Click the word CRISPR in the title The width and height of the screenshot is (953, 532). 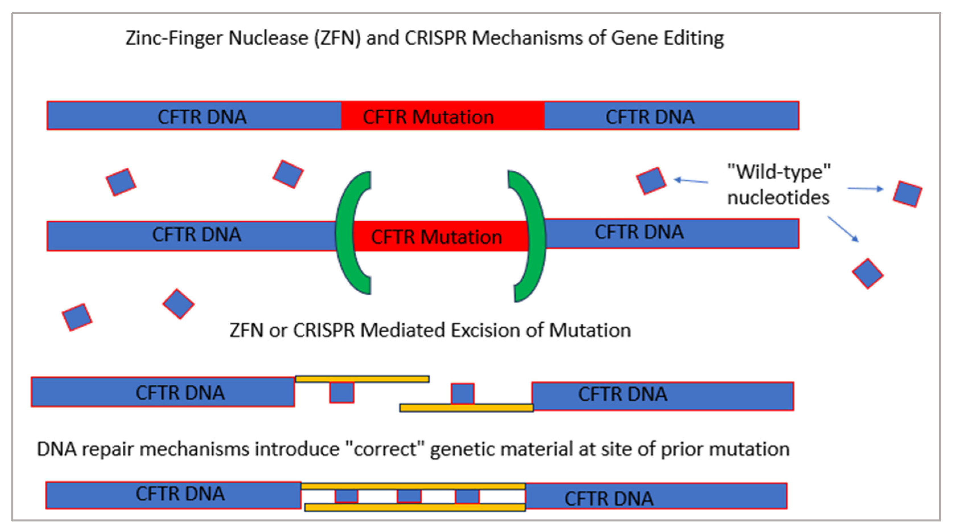pos(436,38)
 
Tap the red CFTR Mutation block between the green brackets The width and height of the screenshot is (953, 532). pos(436,237)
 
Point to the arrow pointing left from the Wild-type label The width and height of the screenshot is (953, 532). pos(690,181)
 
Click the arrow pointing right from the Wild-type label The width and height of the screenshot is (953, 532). pos(865,189)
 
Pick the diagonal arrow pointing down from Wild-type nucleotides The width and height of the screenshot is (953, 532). pos(843,229)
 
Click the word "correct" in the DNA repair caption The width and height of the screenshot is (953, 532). pos(385,449)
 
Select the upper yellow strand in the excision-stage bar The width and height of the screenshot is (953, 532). pos(362,379)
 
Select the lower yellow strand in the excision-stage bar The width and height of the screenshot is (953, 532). pos(466,408)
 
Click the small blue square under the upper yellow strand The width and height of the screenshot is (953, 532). pos(341,392)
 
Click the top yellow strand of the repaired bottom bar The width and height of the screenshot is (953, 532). pos(413,486)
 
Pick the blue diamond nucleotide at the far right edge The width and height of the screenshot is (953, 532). pos(907,194)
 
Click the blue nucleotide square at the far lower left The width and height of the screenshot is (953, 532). pos(77,317)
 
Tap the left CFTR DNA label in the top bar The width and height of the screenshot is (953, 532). pos(202,117)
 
